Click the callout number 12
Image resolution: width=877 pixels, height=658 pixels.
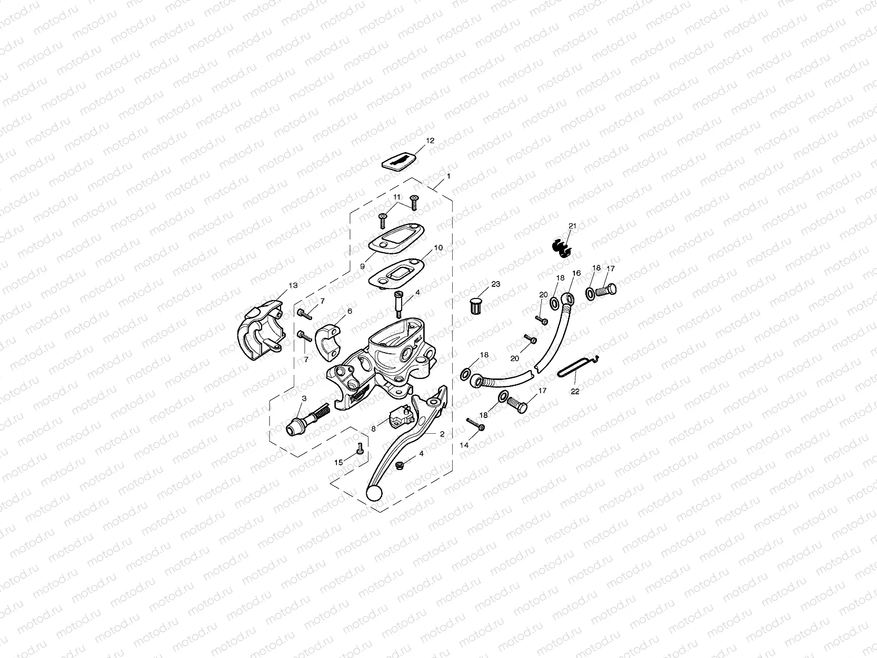click(x=430, y=141)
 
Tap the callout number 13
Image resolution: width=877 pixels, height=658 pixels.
click(x=293, y=285)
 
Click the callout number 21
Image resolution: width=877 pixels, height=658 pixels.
click(x=572, y=226)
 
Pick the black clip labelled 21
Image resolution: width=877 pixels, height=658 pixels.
click(x=562, y=247)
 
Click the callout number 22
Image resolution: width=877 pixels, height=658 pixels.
click(x=575, y=391)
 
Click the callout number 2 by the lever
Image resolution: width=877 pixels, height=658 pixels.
click(x=442, y=434)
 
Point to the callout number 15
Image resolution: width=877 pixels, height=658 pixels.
click(x=338, y=462)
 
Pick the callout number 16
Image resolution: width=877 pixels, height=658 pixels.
click(x=576, y=273)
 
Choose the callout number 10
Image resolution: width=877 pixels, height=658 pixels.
click(x=438, y=247)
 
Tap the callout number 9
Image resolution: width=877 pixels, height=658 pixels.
click(x=362, y=266)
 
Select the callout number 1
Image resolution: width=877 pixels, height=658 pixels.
click(x=448, y=176)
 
